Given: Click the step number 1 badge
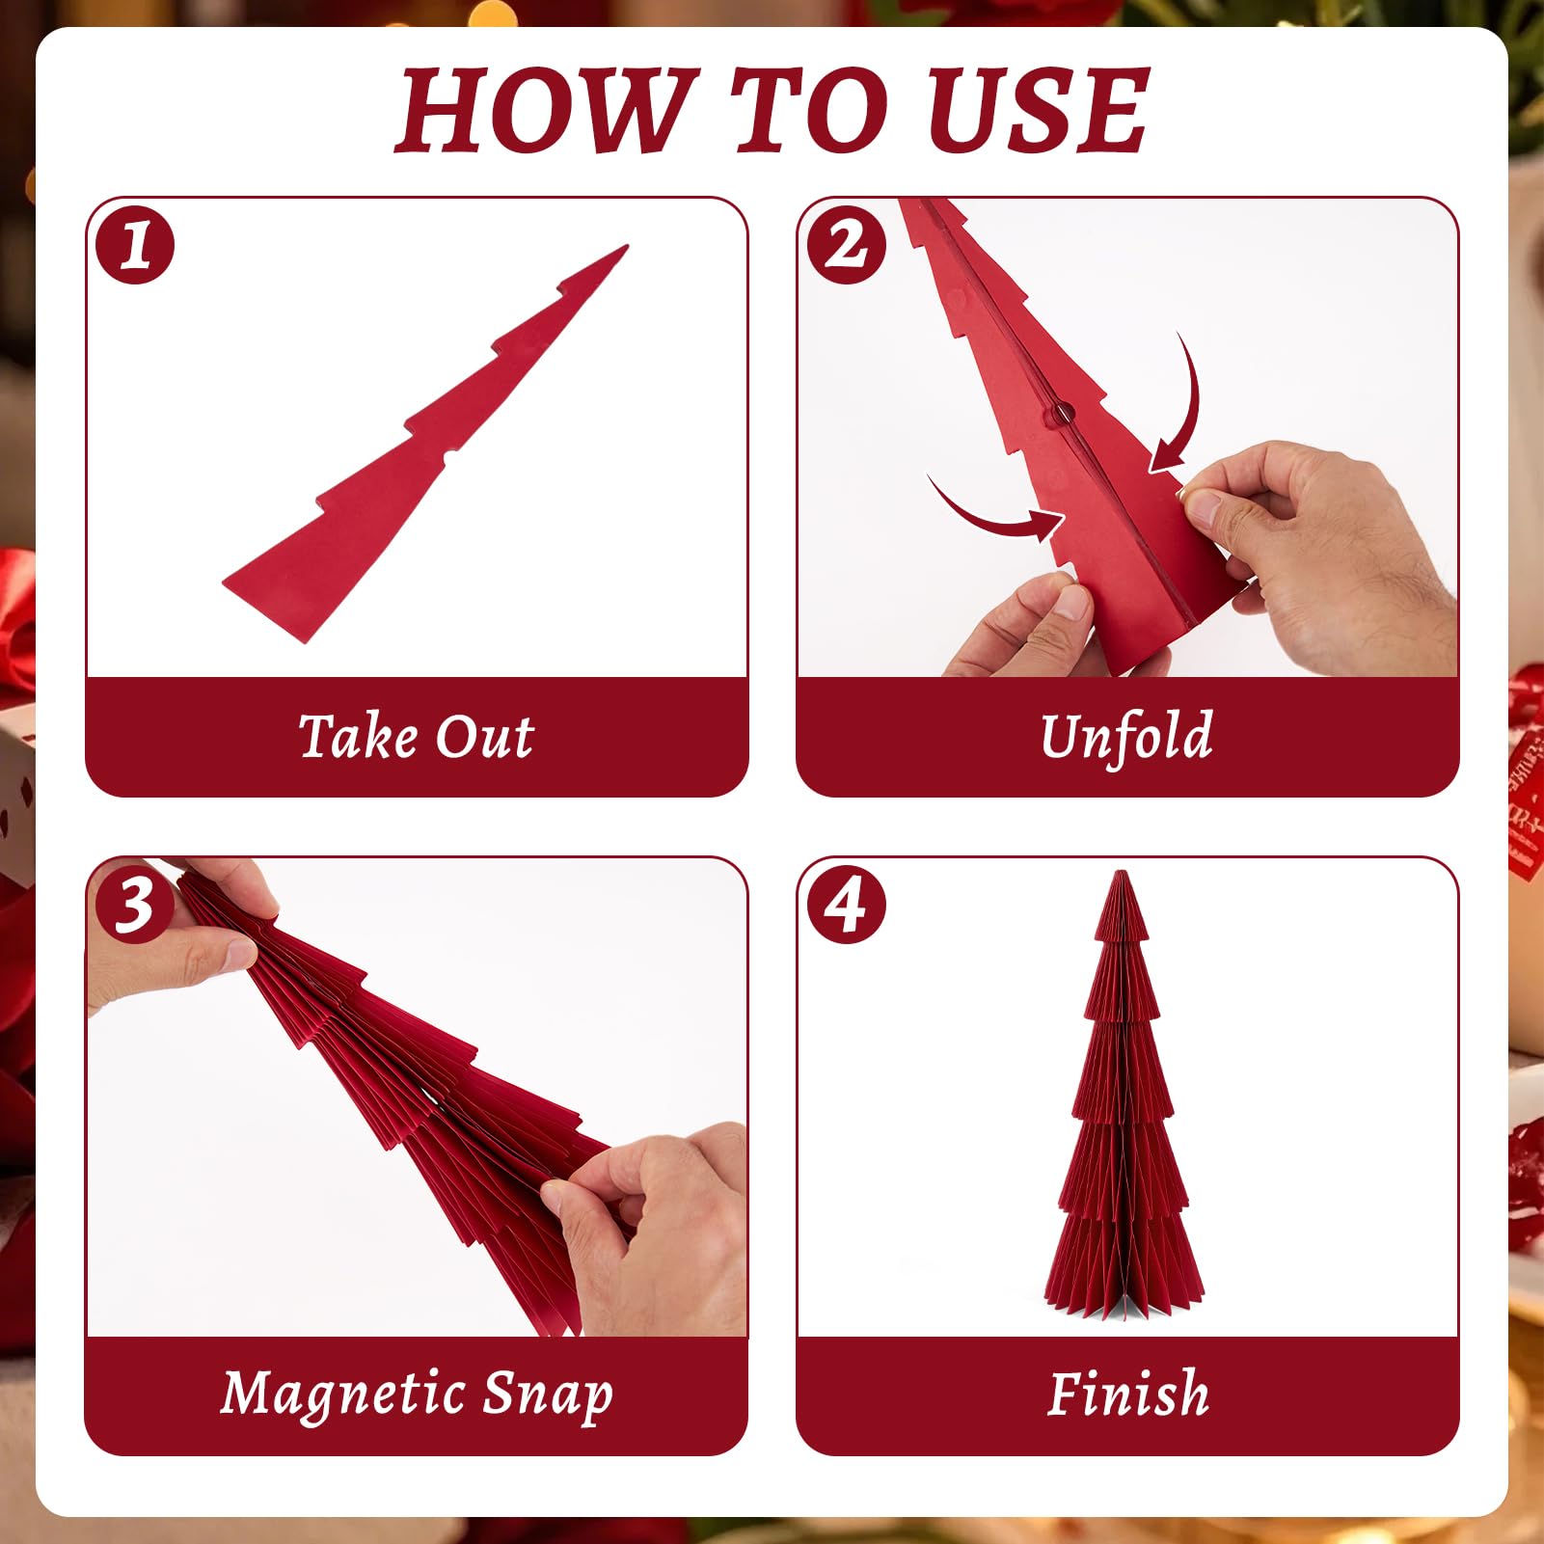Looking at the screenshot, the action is point(135,245).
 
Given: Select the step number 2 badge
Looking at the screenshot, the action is point(847,245).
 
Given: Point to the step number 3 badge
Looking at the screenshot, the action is point(135,905).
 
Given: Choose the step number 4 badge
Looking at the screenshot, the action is point(847,905).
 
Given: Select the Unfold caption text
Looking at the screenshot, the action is point(1126,737).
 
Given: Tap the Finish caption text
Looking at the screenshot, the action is point(1128,1395).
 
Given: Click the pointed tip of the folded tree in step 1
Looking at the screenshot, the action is point(627,247).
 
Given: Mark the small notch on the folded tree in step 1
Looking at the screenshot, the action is point(449,455).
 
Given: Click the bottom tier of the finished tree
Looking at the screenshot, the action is point(1124,1263).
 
